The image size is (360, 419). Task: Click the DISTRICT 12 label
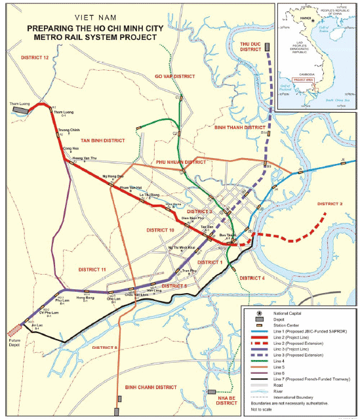click(x=35, y=58)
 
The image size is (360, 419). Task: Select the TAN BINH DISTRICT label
click(x=102, y=140)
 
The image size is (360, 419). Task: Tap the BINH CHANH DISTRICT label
click(x=151, y=388)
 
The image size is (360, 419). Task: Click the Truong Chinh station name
click(x=68, y=130)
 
